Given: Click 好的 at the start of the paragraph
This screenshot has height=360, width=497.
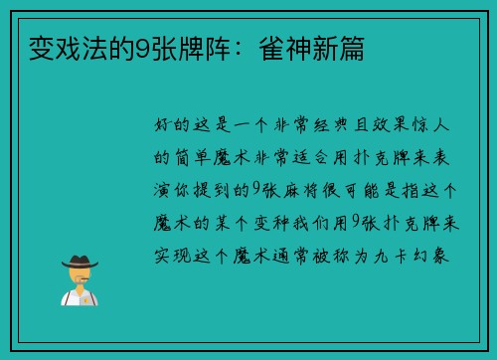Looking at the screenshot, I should pyautogui.click(x=169, y=128).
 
